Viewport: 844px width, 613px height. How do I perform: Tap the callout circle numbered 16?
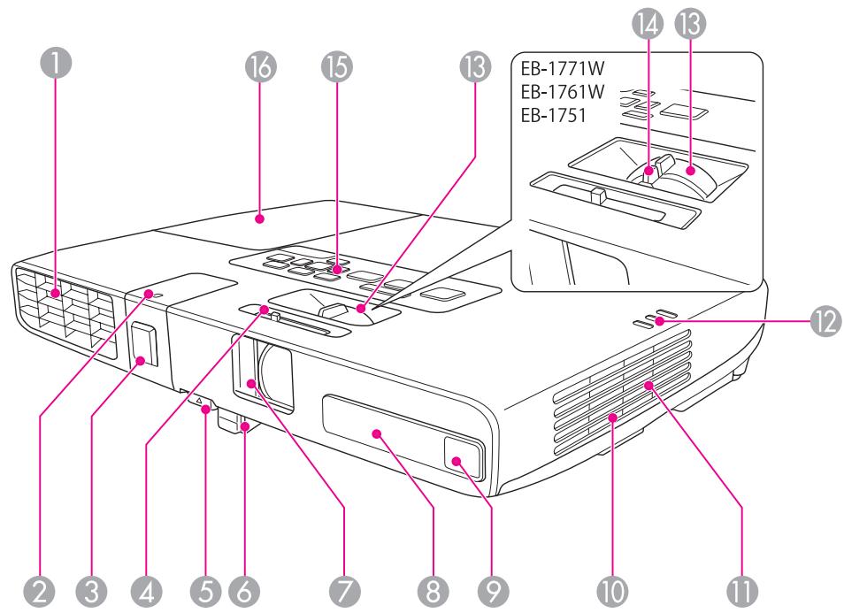point(262,65)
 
